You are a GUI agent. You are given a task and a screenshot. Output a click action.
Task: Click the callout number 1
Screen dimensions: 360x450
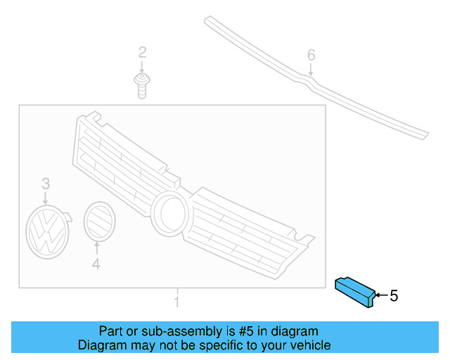(x=177, y=302)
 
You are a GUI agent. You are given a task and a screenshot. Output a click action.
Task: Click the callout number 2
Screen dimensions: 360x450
(x=142, y=53)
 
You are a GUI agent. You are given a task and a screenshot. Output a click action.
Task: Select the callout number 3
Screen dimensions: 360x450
(x=46, y=184)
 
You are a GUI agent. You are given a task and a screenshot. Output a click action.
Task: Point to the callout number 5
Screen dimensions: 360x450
(x=394, y=296)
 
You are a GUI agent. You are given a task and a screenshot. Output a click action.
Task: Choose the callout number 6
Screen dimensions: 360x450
(x=311, y=55)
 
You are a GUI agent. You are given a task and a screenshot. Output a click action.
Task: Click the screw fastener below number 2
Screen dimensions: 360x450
(x=141, y=85)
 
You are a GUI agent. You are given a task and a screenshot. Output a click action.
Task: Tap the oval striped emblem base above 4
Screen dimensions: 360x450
(x=98, y=221)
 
